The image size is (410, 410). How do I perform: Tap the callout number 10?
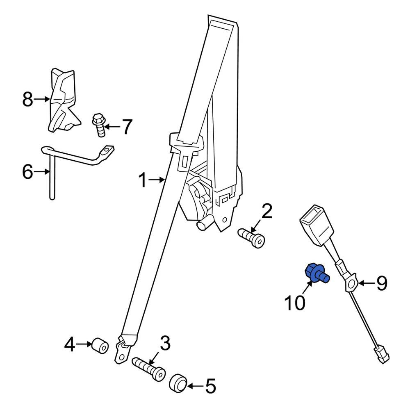tap(295, 303)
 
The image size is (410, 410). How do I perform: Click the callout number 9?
tap(381, 283)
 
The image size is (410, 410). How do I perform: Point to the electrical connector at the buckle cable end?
tap(382, 355)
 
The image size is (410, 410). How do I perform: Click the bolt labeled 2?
tap(251, 237)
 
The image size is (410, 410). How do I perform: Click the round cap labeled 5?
tap(178, 385)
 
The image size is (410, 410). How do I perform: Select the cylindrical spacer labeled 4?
tap(100, 346)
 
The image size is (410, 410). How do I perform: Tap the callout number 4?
tap(70, 345)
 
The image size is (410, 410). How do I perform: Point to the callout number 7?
tap(127, 127)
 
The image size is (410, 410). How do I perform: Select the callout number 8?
tap(27, 99)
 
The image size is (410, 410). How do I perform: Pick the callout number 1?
tap(143, 180)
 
